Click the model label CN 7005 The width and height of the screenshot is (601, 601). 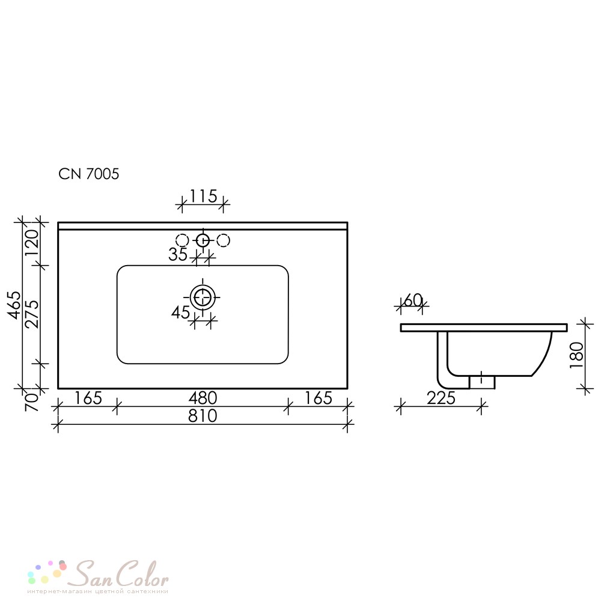88,174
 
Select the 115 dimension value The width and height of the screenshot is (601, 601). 203,197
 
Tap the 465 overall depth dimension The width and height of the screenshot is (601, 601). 16,305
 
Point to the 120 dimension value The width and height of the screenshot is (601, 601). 32,243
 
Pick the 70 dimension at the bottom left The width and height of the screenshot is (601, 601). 32,402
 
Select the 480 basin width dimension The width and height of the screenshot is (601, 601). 203,398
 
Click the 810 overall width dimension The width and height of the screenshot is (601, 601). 203,416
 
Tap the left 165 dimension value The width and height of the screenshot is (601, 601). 88,398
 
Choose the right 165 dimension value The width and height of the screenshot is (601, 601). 318,398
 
